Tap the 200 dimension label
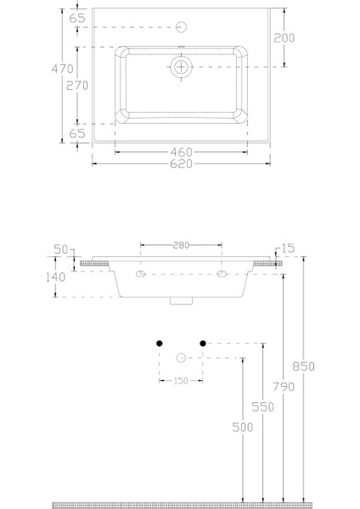(284, 37)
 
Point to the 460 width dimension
(180, 153)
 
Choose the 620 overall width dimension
(180, 164)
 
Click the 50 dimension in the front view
(59, 249)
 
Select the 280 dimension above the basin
(180, 245)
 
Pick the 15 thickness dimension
(287, 249)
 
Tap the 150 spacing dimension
(180, 381)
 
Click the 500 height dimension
(242, 428)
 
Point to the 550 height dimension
(264, 407)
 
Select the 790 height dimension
(284, 387)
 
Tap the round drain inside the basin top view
(181, 66)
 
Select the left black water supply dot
(159, 343)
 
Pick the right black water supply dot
(202, 343)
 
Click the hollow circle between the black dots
(180, 358)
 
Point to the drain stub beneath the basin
(180, 300)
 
